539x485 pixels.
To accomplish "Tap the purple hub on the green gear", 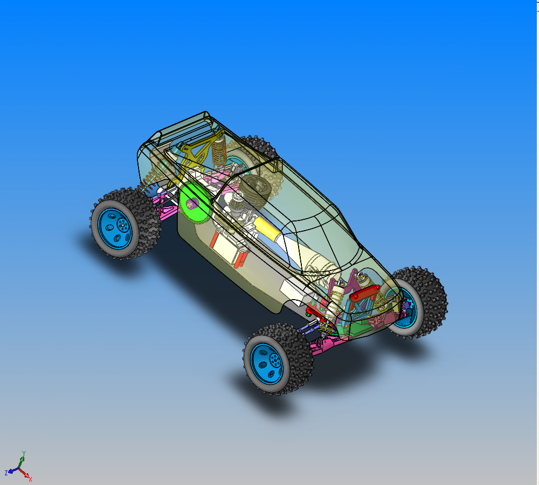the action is pos(192,204).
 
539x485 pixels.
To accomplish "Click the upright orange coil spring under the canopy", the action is pos(219,151).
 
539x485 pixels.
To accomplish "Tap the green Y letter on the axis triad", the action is pos(24,453).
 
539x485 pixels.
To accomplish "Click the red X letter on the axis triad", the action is pos(30,479).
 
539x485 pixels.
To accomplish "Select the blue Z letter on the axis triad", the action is pos(6,473).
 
